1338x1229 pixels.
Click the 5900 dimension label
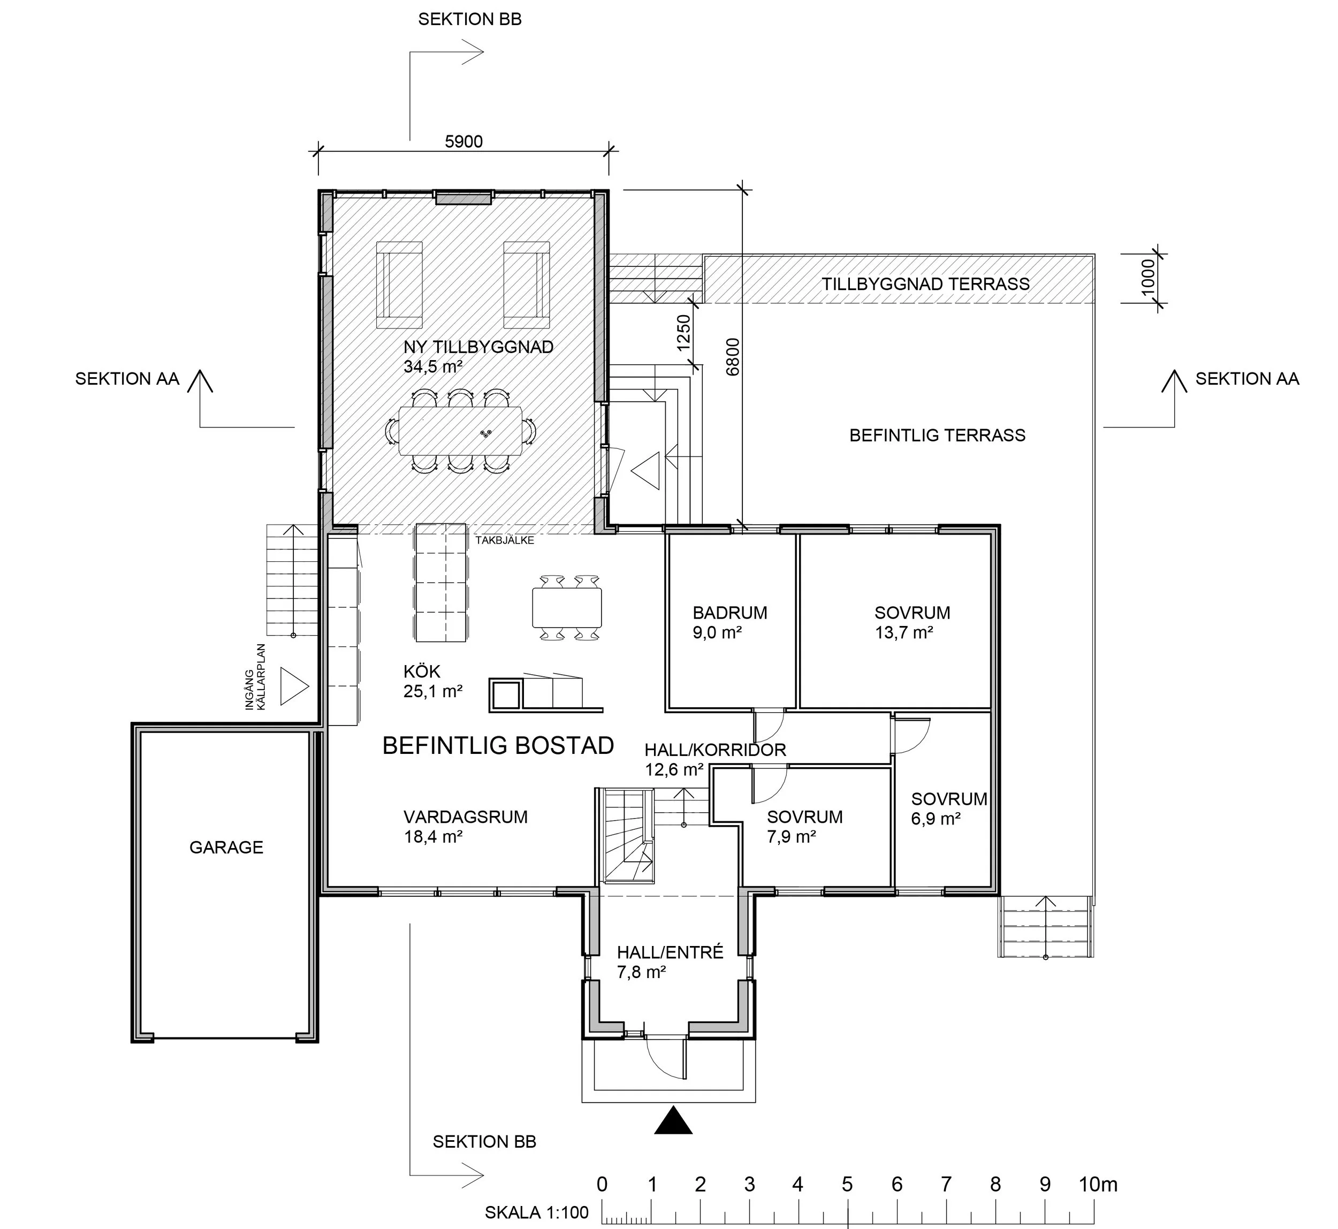pos(463,142)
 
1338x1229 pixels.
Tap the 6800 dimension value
pos(733,357)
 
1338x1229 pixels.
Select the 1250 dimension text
pos(684,333)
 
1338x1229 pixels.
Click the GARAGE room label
pos(226,848)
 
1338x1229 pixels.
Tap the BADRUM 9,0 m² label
pos(729,622)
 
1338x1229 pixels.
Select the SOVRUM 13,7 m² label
pos(911,622)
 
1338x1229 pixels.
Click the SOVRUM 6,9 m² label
pos(949,808)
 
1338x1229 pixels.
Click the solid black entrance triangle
pos(673,1120)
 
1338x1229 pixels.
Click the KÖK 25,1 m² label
pos(432,682)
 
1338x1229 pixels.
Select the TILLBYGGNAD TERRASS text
pos(925,284)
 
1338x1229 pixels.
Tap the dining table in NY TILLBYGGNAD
pos(460,431)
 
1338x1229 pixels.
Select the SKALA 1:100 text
pos(536,1212)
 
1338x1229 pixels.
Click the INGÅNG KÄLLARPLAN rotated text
pos(255,677)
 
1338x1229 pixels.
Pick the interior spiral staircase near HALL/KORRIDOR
pos(627,837)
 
